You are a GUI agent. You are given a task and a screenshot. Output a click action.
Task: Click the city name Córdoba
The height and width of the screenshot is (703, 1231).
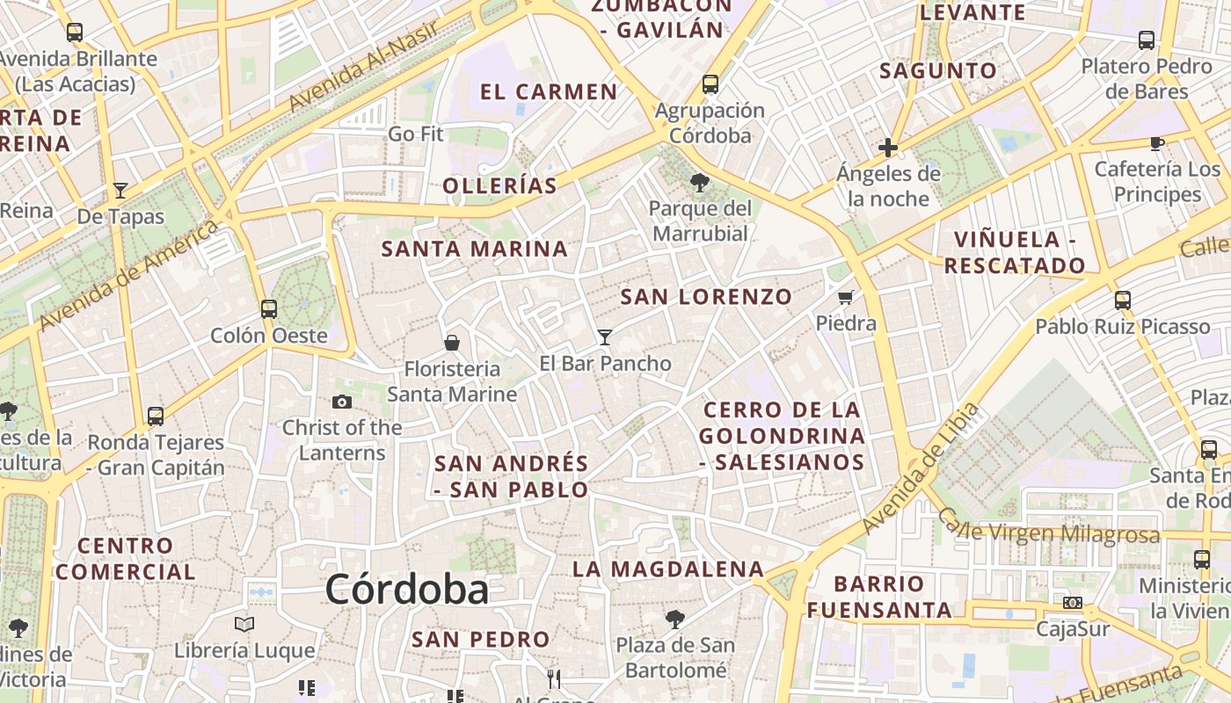click(x=406, y=589)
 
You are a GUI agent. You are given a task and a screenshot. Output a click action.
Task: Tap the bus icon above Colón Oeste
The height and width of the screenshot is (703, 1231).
click(x=269, y=309)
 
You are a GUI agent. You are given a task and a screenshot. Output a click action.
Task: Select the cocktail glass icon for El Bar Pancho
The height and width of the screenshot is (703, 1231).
click(x=604, y=337)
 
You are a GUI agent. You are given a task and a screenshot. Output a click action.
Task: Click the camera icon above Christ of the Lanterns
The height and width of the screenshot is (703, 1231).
click(x=342, y=402)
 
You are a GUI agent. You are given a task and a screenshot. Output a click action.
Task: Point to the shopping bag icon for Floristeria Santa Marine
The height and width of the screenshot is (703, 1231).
click(x=452, y=343)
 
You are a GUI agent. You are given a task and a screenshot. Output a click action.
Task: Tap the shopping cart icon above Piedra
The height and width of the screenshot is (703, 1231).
click(x=846, y=297)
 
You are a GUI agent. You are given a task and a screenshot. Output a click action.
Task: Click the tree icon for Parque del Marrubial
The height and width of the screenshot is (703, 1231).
click(x=700, y=183)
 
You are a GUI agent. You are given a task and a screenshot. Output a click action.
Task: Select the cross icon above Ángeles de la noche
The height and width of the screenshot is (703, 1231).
click(x=888, y=148)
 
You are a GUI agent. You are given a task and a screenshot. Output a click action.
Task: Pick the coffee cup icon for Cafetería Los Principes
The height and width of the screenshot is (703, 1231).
click(x=1157, y=143)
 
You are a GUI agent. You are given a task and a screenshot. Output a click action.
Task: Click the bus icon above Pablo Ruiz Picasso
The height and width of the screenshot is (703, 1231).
click(x=1122, y=301)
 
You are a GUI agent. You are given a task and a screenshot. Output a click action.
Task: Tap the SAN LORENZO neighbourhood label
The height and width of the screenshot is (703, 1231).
click(x=706, y=297)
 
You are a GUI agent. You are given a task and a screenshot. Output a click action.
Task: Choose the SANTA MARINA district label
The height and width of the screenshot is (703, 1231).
click(x=474, y=249)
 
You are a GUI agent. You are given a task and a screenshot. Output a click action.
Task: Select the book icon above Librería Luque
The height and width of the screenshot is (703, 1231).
click(x=244, y=624)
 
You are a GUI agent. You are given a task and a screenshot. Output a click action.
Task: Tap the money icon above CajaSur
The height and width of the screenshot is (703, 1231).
click(x=1072, y=603)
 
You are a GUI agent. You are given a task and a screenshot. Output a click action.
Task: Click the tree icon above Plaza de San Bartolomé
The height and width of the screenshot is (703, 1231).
click(x=675, y=620)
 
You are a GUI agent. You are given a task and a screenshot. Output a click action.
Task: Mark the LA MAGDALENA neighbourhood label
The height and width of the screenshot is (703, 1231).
click(x=668, y=569)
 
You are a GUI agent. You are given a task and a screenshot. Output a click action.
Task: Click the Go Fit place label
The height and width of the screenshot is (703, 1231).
click(x=416, y=134)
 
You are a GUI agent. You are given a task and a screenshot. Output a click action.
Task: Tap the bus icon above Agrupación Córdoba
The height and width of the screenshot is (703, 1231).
click(x=710, y=84)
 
